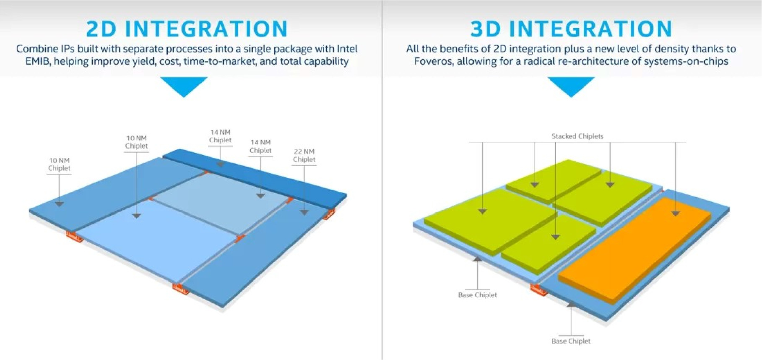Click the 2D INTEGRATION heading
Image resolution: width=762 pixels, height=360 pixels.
pos(187,29)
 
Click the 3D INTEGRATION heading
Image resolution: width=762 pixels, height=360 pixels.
pos(571,29)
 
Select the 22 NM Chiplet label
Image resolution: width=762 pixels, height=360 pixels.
pos(304,155)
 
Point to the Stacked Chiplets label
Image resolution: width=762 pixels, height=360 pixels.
pos(577,136)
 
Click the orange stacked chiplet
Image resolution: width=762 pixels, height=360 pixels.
pos(633,248)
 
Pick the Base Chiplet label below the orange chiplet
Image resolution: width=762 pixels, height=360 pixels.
pos(571,341)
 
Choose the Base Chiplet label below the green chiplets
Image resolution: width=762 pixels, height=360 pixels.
pos(477,295)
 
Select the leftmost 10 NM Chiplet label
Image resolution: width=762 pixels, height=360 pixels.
pos(59,164)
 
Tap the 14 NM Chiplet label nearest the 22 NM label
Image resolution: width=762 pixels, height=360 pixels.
pos(260,146)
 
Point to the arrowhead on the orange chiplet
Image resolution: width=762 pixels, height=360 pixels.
pos(676,214)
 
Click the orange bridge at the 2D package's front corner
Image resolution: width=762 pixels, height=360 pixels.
pos(181,288)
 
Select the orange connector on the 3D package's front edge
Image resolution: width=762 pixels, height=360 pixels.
pos(538,290)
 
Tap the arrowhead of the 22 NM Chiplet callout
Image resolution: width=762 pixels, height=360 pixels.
pos(304,213)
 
